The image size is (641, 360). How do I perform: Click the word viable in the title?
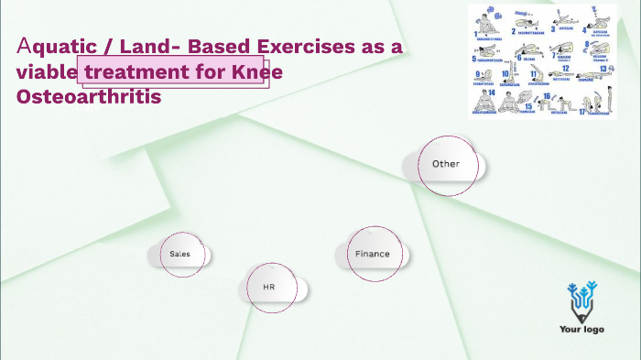(x=46, y=71)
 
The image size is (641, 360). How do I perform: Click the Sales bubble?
(x=179, y=254)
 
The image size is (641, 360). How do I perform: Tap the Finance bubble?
(x=373, y=254)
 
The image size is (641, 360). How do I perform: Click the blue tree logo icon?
(x=581, y=300)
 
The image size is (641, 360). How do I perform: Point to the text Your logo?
(x=581, y=330)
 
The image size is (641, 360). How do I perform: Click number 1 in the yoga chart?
(x=475, y=29)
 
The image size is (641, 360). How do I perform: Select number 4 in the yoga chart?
(x=584, y=30)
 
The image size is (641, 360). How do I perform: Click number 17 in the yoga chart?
(x=582, y=112)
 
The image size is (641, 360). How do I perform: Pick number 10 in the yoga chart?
(x=505, y=74)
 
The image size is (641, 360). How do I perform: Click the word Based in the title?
(x=224, y=47)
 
